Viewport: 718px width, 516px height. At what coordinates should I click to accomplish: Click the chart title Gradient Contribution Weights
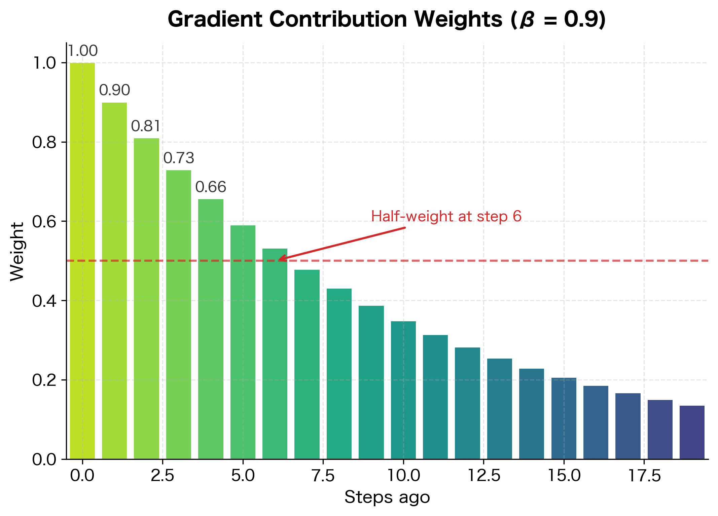pos(387,20)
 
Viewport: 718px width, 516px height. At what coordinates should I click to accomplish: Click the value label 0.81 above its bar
pos(146,126)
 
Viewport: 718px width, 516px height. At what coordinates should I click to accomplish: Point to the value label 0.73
pos(179,158)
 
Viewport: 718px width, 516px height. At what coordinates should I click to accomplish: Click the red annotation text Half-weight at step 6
pos(446,216)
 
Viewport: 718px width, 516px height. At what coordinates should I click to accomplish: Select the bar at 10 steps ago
pos(403,390)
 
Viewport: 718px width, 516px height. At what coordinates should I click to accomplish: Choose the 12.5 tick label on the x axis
pos(483,476)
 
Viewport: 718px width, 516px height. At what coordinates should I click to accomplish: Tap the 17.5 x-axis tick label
pos(644,476)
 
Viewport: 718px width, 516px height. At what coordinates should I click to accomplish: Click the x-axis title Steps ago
pos(387,497)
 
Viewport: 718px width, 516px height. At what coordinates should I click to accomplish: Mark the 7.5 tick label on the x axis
pos(323,476)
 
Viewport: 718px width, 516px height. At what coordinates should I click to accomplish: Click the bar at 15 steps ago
pos(564,418)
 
